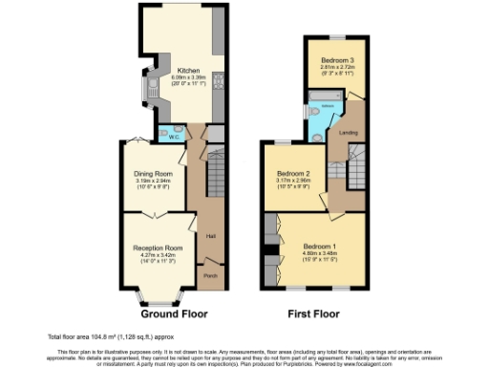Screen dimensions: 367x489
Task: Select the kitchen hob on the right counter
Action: point(218,80)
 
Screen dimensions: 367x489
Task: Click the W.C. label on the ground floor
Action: point(175,137)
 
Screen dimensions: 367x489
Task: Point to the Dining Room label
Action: point(153,173)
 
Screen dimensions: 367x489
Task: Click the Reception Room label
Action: point(157,248)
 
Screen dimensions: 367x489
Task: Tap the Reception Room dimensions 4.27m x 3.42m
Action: point(157,254)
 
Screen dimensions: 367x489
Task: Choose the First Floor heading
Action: point(314,313)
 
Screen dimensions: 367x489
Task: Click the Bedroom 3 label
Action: point(337,59)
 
